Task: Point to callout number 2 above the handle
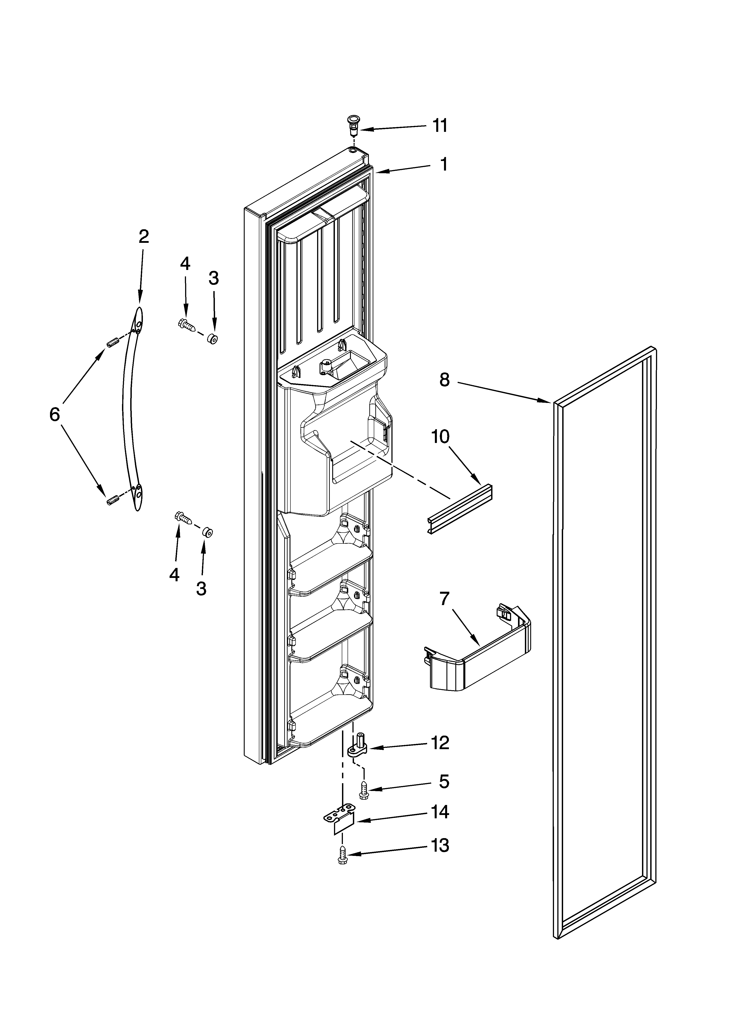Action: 143,236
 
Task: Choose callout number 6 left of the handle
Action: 54,414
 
